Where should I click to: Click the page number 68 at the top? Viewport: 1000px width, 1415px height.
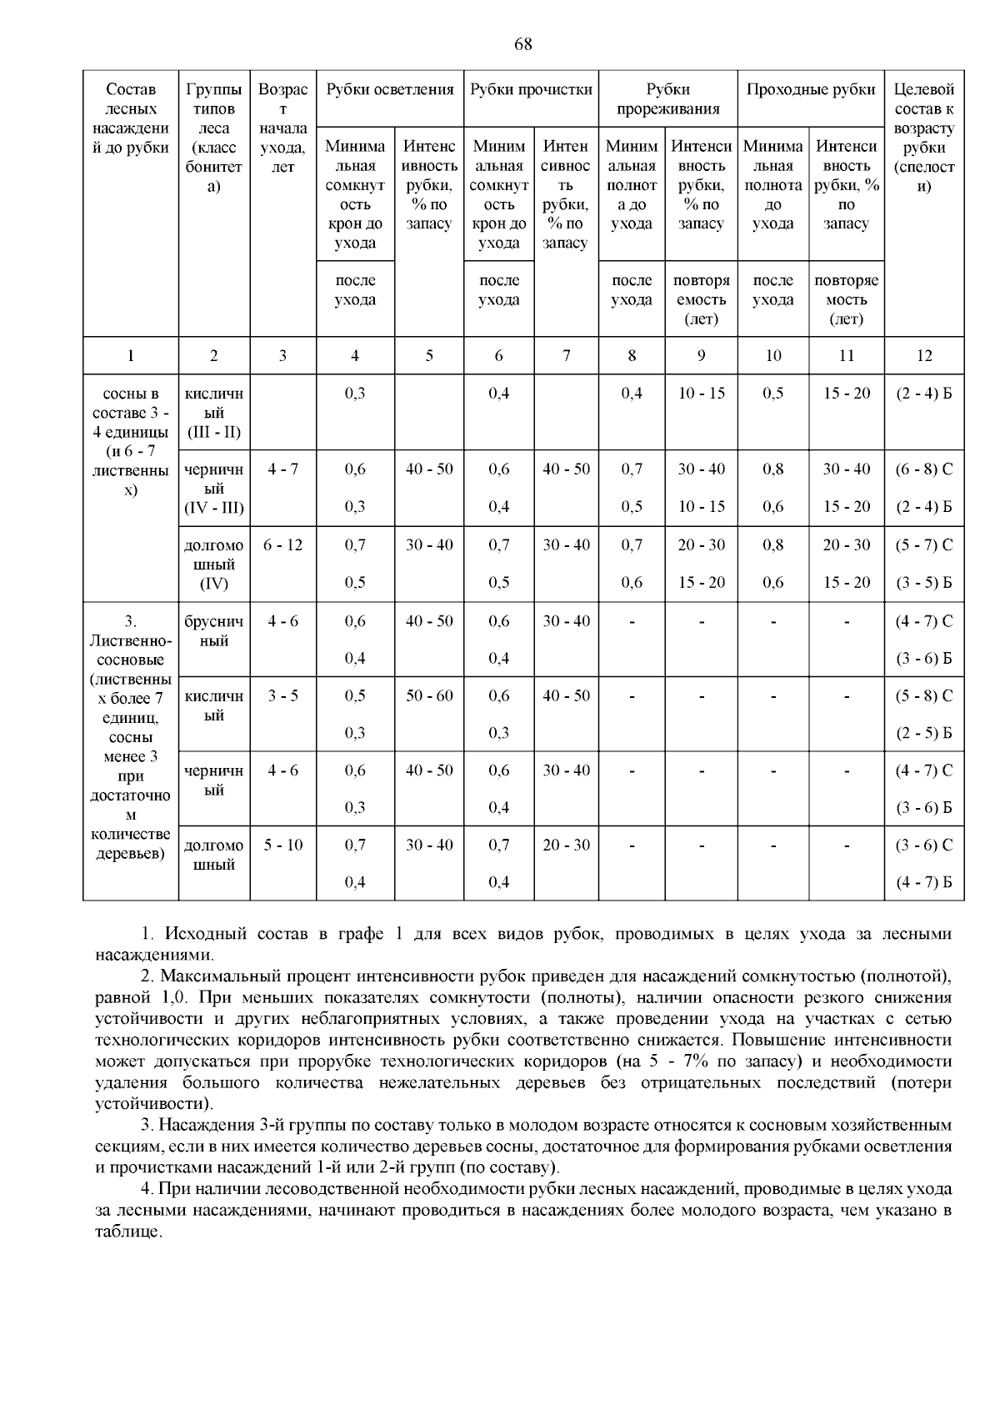[522, 45]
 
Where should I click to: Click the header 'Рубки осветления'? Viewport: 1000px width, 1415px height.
[389, 90]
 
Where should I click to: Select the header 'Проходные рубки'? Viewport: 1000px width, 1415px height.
[810, 90]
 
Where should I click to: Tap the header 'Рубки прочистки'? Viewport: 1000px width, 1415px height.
[531, 90]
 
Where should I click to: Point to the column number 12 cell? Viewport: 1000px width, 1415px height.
[923, 356]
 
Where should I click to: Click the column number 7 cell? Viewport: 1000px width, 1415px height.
[566, 356]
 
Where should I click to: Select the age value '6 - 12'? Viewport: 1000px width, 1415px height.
[282, 545]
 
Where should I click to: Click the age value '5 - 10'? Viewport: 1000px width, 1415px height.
[282, 845]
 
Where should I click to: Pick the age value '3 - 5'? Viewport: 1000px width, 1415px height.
[282, 696]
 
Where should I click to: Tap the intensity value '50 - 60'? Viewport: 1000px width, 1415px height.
[429, 696]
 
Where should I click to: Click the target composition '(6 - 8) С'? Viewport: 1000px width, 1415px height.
[923, 469]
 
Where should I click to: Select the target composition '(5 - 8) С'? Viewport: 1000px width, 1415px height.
[923, 696]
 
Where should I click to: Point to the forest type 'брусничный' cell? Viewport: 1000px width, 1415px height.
[214, 631]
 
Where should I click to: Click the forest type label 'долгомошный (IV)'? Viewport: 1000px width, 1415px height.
[214, 564]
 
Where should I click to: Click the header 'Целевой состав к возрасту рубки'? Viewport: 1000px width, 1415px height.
[923, 138]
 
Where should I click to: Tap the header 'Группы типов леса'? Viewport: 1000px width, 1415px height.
[214, 138]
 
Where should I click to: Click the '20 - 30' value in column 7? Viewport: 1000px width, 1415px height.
[566, 845]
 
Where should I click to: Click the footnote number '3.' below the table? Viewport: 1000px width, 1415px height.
[147, 1126]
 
